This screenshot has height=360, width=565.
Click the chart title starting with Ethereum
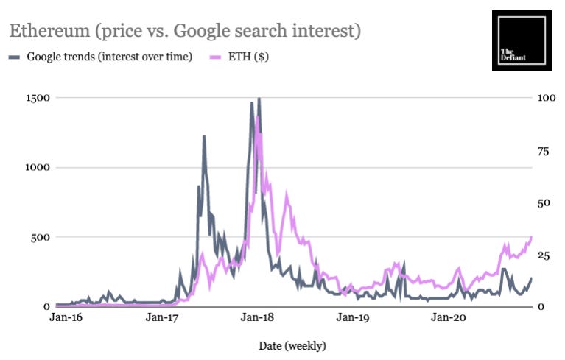(184, 32)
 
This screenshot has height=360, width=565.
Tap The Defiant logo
(521, 40)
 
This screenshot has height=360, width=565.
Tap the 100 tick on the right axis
(547, 98)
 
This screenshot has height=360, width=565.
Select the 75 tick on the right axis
(545, 150)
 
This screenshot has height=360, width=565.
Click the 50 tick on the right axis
(545, 202)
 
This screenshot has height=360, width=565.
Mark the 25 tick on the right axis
(545, 255)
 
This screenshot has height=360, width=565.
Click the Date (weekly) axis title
(292, 345)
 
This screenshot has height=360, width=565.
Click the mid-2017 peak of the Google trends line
(204, 136)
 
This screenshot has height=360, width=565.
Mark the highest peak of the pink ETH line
(257, 117)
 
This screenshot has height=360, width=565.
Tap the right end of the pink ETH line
(531, 237)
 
